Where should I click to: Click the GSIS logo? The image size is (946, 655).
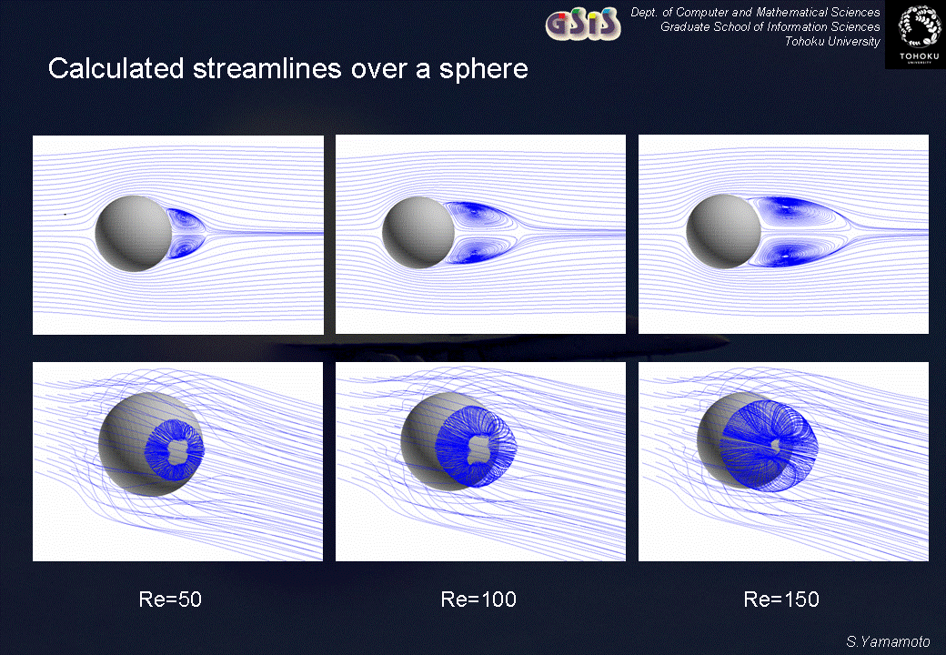[x=583, y=24]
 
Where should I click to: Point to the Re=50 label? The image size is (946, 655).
[x=170, y=599]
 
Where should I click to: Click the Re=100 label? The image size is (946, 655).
[x=478, y=599]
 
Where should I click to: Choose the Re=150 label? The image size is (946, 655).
[x=781, y=599]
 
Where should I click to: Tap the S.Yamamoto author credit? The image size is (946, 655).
[x=888, y=641]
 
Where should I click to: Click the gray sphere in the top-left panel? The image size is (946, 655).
[x=134, y=234]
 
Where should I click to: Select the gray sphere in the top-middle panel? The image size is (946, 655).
[x=418, y=232]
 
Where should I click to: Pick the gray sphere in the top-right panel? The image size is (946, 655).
[x=723, y=232]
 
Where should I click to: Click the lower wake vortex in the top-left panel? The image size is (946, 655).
[x=186, y=246]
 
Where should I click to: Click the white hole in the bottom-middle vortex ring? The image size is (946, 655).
[x=479, y=448]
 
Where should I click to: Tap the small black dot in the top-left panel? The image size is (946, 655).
[x=65, y=214]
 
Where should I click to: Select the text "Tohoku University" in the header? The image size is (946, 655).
[x=832, y=42]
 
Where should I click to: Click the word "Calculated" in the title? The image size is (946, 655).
[x=116, y=68]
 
